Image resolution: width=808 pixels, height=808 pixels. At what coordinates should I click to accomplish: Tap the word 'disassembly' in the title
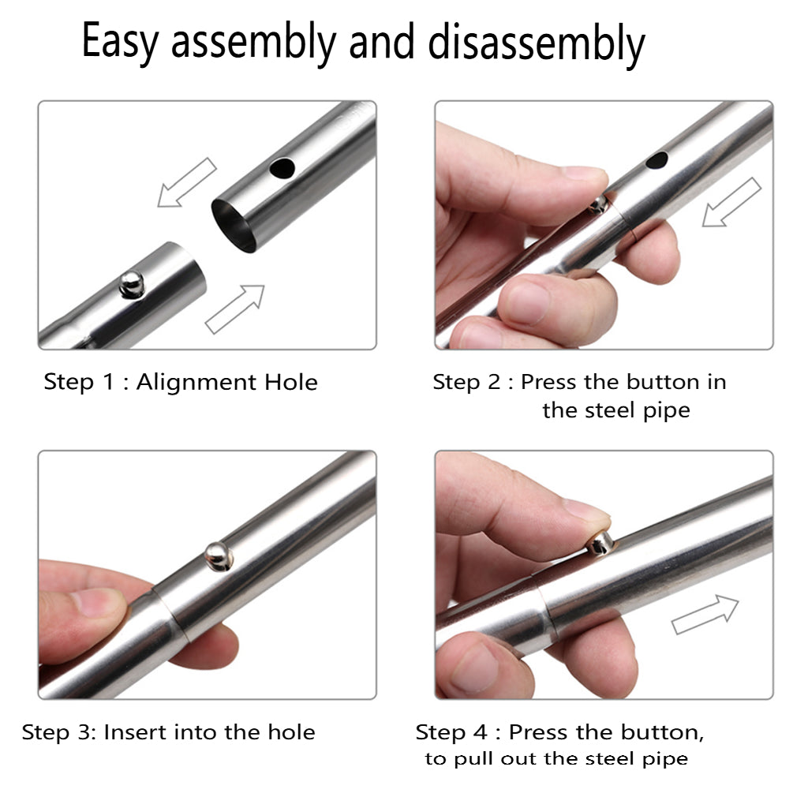(x=536, y=43)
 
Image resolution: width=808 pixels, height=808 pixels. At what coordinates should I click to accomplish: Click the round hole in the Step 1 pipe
(x=282, y=168)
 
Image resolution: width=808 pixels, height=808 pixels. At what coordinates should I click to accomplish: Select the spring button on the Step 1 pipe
(x=132, y=284)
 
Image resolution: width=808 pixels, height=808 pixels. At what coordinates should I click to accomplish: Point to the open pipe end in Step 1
(x=234, y=226)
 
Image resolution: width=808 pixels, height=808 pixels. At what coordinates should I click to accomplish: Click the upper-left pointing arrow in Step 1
(x=186, y=183)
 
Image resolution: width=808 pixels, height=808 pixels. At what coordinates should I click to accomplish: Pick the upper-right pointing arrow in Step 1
(x=235, y=309)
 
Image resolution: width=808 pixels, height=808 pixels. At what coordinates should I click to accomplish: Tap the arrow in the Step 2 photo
(x=731, y=203)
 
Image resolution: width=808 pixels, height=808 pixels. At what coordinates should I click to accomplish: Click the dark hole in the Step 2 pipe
(x=656, y=160)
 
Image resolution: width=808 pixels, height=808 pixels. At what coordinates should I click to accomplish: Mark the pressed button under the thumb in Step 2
(x=598, y=205)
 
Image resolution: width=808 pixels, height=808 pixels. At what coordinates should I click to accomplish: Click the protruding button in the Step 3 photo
(x=219, y=556)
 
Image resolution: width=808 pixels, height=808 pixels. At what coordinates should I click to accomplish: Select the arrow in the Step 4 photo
(x=705, y=614)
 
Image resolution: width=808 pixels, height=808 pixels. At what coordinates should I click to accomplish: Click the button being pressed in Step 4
(x=600, y=544)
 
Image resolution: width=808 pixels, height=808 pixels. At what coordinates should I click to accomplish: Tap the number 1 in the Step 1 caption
(x=108, y=383)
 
